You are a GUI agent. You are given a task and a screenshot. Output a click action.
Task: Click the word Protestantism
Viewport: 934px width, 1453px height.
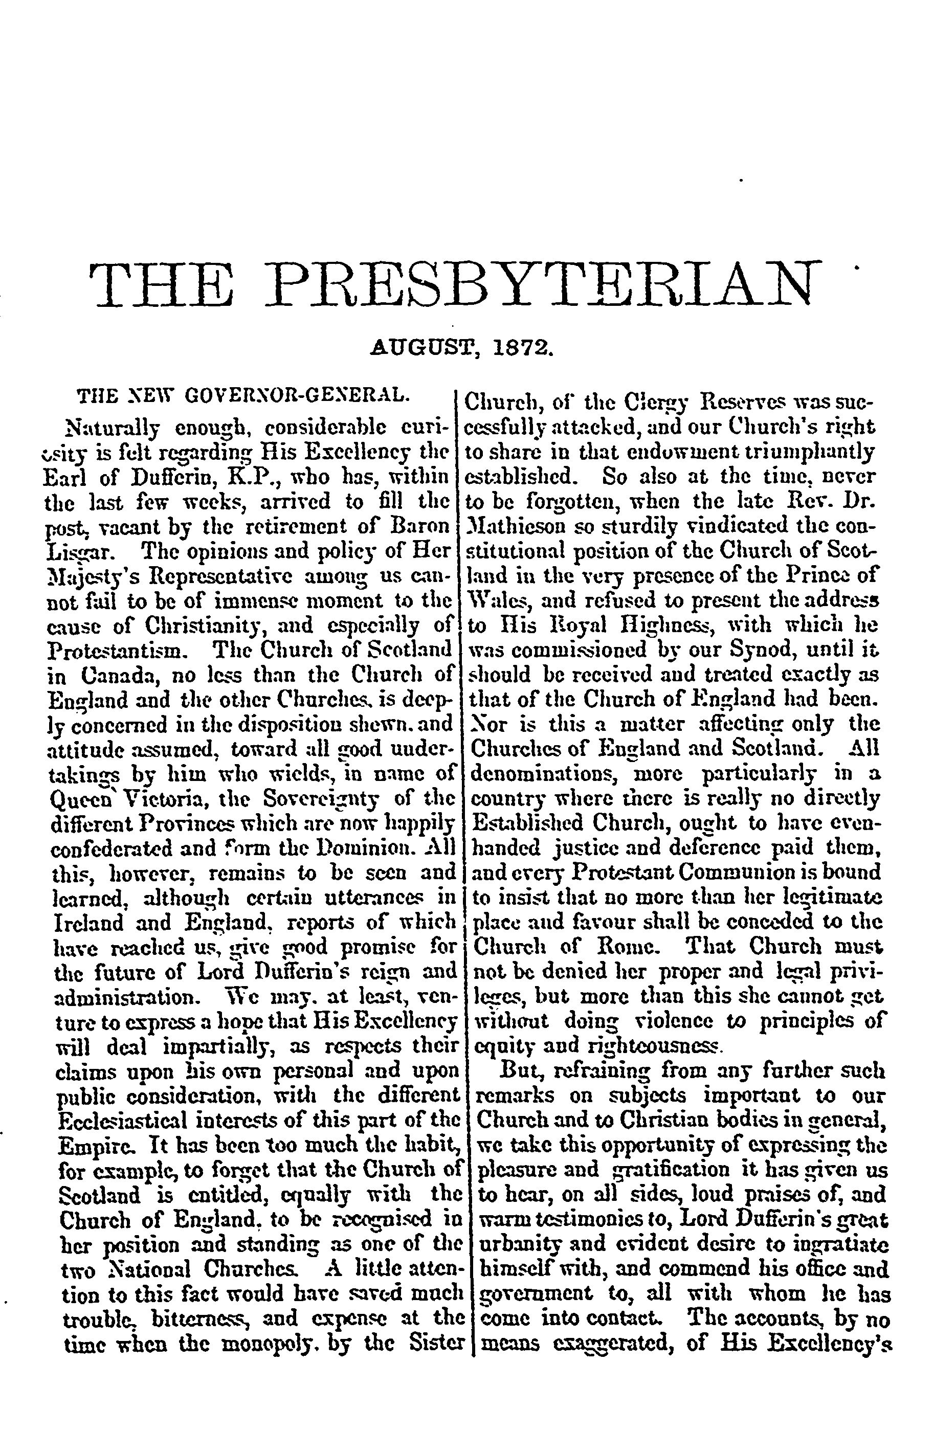pos(114,651)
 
